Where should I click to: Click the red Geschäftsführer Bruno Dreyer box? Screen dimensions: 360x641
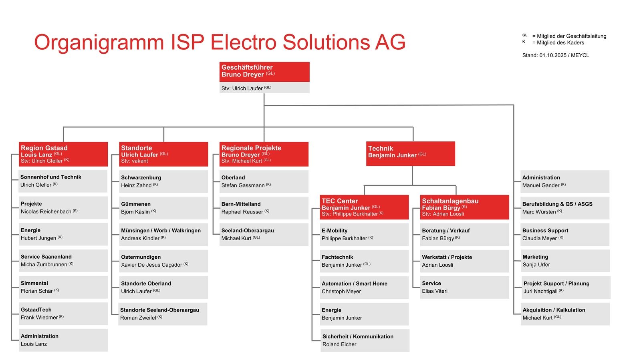(x=264, y=71)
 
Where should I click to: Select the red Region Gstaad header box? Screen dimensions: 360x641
(x=63, y=154)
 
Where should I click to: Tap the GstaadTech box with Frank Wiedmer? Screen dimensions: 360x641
(x=63, y=314)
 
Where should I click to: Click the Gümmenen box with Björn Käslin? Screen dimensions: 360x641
(x=163, y=208)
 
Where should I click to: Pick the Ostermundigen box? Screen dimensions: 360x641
(x=163, y=261)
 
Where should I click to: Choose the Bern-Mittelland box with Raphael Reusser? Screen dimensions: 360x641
(x=264, y=208)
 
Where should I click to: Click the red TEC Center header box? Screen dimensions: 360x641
(x=364, y=207)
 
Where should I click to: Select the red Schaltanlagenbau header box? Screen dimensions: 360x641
(x=464, y=207)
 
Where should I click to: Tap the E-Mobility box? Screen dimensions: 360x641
(x=364, y=234)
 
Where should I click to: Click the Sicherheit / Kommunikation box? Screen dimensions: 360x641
(x=365, y=340)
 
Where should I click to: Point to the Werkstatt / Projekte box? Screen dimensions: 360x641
(x=464, y=261)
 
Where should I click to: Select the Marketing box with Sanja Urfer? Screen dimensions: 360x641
(x=565, y=261)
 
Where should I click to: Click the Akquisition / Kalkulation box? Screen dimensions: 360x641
(x=565, y=314)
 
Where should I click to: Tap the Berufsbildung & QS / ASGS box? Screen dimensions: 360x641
(x=565, y=208)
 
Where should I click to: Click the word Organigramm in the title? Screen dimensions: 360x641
(x=99, y=42)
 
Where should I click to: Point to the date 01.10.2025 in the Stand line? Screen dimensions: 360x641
(x=552, y=55)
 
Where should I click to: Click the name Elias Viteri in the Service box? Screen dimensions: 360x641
(x=435, y=291)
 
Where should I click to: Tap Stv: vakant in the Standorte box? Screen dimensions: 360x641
(x=135, y=161)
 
